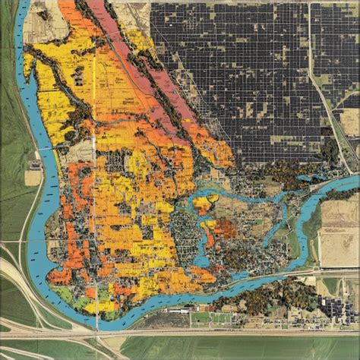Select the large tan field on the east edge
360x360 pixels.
click(339, 228)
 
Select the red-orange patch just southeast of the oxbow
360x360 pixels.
click(226, 228)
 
